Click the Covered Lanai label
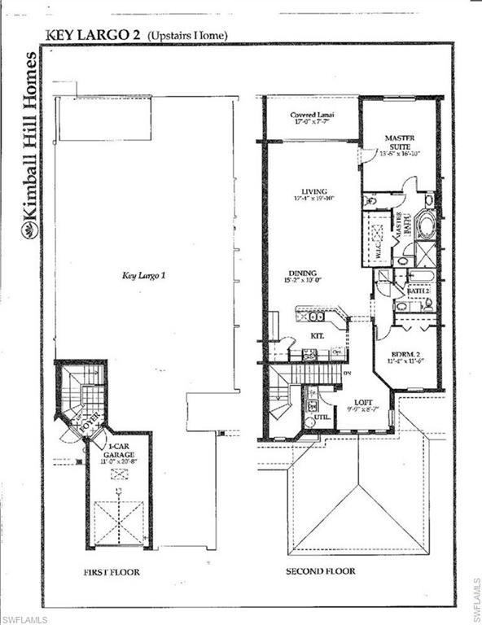click(x=313, y=116)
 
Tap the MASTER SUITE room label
click(x=399, y=143)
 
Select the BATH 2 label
click(x=418, y=291)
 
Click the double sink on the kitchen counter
click(x=317, y=316)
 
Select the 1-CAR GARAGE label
click(x=118, y=449)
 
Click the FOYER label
click(x=88, y=423)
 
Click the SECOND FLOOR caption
click(x=320, y=571)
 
